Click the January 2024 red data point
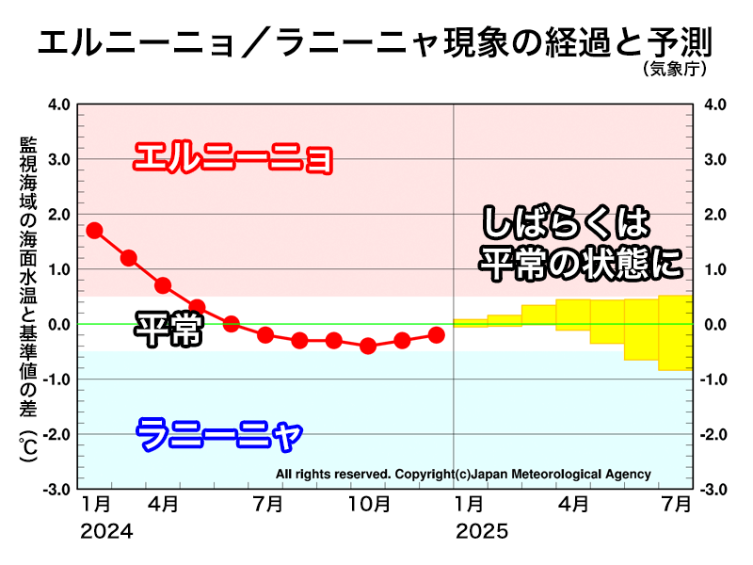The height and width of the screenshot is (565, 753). pos(94,230)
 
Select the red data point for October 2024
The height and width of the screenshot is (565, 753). pos(368,346)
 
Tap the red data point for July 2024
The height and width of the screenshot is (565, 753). pos(265,334)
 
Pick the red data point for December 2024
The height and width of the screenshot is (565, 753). pos(436,334)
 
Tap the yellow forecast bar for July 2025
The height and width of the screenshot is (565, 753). pos(675,332)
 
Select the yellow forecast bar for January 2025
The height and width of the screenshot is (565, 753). pos(470,323)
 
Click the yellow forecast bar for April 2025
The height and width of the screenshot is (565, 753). pos(572,315)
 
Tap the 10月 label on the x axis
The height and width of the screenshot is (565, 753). pos(369,506)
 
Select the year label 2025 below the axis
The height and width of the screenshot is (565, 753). pos(482,532)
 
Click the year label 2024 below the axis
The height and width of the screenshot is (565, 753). pos(106,532)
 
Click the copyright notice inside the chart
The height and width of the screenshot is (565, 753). pos(463,474)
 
